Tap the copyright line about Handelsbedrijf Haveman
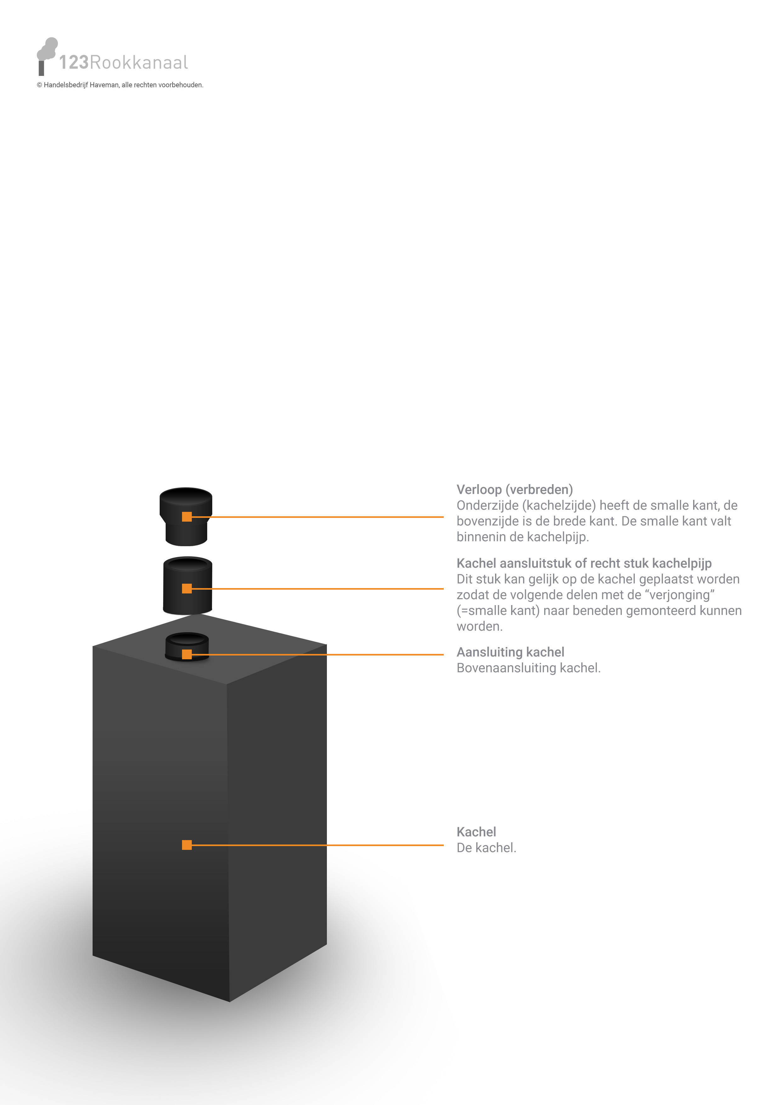[120, 85]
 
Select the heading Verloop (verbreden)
[514, 490]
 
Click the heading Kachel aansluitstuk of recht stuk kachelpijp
[584, 564]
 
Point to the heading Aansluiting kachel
[510, 652]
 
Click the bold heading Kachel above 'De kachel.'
[476, 832]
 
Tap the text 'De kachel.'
[486, 848]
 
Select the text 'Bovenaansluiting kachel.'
[528, 668]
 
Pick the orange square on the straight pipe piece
[187, 589]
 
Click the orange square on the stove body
[187, 845]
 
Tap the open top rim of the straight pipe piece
[188, 563]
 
